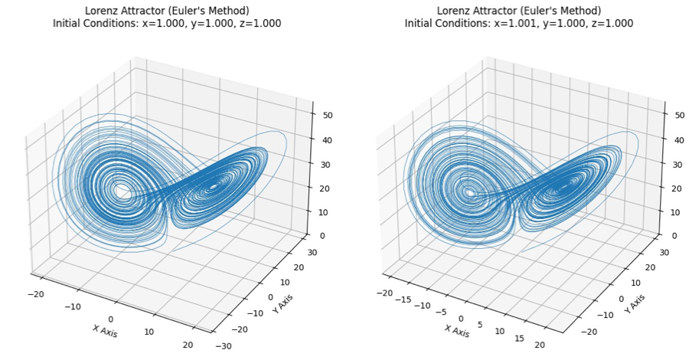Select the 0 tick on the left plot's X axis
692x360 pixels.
(111, 319)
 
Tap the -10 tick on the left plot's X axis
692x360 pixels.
(72, 306)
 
